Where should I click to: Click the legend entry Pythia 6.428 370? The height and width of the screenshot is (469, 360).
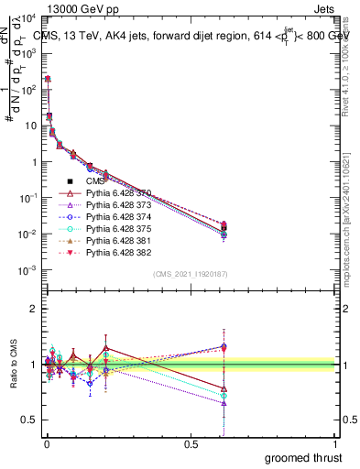[115, 194]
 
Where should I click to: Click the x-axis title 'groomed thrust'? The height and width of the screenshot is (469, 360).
[303, 457]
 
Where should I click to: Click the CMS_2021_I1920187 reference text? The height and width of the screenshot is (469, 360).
[189, 274]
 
